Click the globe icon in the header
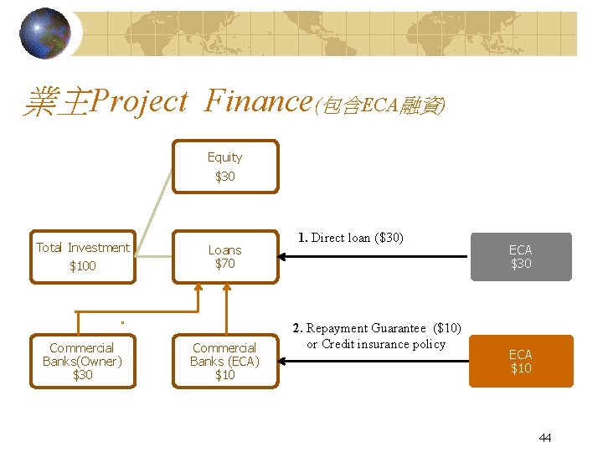tap(44, 33)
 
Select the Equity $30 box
tap(224, 167)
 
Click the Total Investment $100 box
tap(82, 256)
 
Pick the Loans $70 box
tap(224, 256)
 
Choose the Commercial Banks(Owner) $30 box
tap(82, 361)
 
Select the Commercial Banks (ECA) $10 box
tap(224, 361)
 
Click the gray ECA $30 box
tap(520, 256)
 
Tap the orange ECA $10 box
tap(520, 361)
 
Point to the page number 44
tap(545, 438)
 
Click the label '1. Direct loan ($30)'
tap(350, 238)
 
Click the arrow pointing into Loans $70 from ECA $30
tap(377, 256)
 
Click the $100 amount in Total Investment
tap(82, 266)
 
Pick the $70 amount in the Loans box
tap(224, 264)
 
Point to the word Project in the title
tap(139, 102)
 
